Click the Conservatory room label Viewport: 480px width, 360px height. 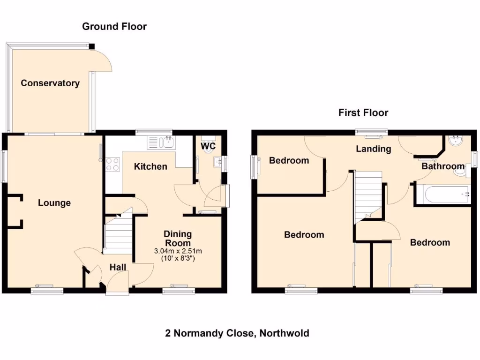click(x=50, y=83)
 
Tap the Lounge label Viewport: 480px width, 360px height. click(x=54, y=203)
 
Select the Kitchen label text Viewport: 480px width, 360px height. click(x=150, y=166)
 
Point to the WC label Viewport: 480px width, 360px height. click(x=208, y=146)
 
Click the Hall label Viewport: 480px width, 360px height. click(x=118, y=267)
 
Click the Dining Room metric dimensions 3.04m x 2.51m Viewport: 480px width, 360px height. click(x=178, y=251)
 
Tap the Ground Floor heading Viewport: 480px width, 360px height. click(x=114, y=26)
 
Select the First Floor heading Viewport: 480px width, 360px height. click(x=363, y=112)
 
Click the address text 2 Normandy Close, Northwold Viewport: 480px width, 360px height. click(x=237, y=333)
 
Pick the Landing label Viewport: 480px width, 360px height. click(x=374, y=149)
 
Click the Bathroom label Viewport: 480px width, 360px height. click(x=443, y=166)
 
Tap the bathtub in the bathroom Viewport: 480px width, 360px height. click(x=442, y=195)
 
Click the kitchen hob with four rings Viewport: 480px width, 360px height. click(x=112, y=164)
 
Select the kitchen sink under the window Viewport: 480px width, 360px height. click(x=162, y=142)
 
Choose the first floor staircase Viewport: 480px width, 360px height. click(x=368, y=195)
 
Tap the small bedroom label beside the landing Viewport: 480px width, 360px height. click(x=289, y=160)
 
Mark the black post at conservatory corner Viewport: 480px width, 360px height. click(x=92, y=46)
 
